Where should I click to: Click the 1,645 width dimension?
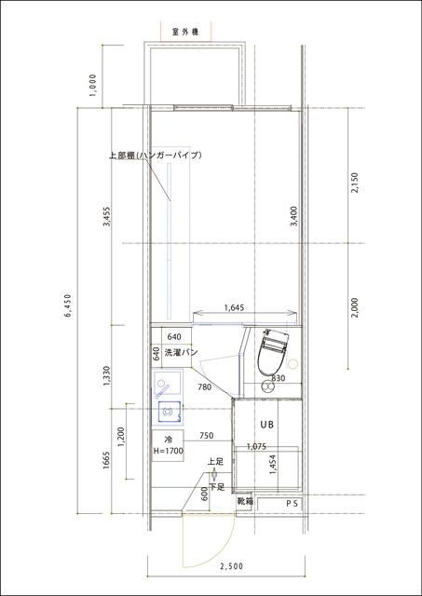235,307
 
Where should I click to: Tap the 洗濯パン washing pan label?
181,353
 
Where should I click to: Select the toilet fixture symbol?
273,350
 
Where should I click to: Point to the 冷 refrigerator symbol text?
169,439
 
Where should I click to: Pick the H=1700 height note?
169,451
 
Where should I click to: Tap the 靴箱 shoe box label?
244,501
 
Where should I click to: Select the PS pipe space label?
292,503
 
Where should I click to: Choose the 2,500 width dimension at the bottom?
230,566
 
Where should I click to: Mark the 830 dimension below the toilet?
278,379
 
